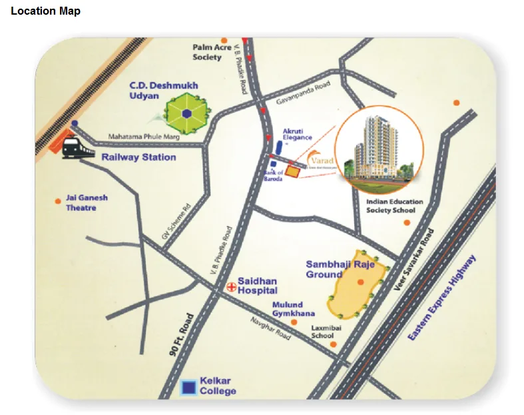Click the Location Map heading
[45, 11]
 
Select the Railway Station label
[138, 157]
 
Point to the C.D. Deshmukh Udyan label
[154, 91]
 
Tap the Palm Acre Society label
[212, 52]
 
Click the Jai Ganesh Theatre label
[86, 203]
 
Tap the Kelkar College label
[218, 386]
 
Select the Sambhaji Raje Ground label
[335, 269]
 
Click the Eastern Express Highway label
[443, 298]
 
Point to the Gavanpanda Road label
[304, 95]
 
